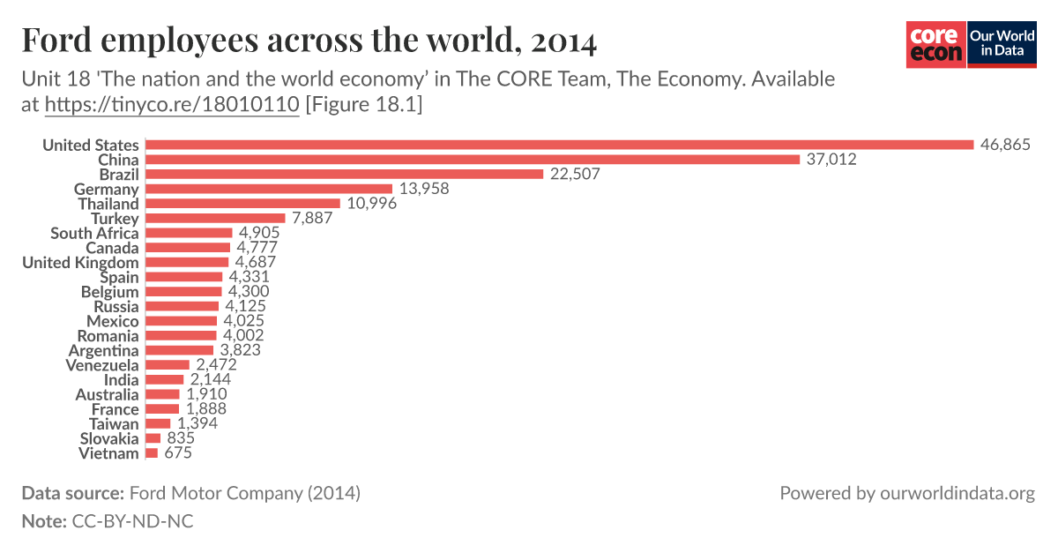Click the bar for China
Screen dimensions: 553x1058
[x=473, y=160]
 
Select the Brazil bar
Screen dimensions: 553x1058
[x=344, y=174]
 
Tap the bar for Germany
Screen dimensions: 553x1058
[x=268, y=189]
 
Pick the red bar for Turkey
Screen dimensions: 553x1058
[x=215, y=218]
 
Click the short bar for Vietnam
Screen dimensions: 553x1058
[x=152, y=453]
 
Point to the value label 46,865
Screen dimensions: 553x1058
[x=1004, y=145]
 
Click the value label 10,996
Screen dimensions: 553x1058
[x=371, y=204]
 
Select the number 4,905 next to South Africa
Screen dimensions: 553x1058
[x=259, y=233]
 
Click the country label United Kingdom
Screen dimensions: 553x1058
[x=80, y=262]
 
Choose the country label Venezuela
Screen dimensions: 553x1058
[x=102, y=365]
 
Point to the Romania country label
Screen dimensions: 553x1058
[x=108, y=336]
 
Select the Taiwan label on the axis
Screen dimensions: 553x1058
[x=114, y=424]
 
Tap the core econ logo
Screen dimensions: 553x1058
[x=935, y=44]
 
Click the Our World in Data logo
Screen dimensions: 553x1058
[x=1002, y=44]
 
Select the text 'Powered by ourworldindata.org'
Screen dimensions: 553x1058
[x=906, y=493]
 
